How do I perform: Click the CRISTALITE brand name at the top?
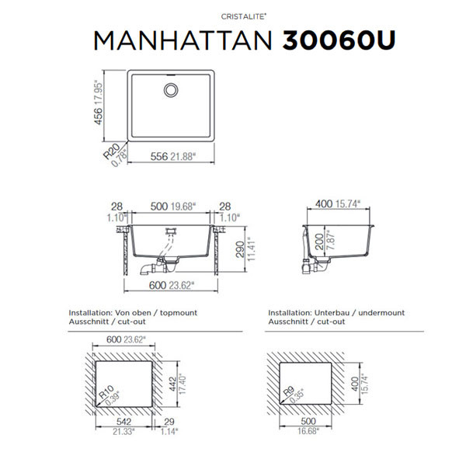point(243,16)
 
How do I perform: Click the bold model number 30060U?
point(339,40)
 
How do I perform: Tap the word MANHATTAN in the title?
point(183,40)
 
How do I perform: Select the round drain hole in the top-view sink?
point(171,90)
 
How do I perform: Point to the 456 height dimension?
point(98,116)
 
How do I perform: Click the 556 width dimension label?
point(159,156)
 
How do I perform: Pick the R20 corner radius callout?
point(111,151)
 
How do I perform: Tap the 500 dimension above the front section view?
point(159,207)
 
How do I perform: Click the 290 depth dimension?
point(240,249)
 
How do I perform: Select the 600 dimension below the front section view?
point(158,285)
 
